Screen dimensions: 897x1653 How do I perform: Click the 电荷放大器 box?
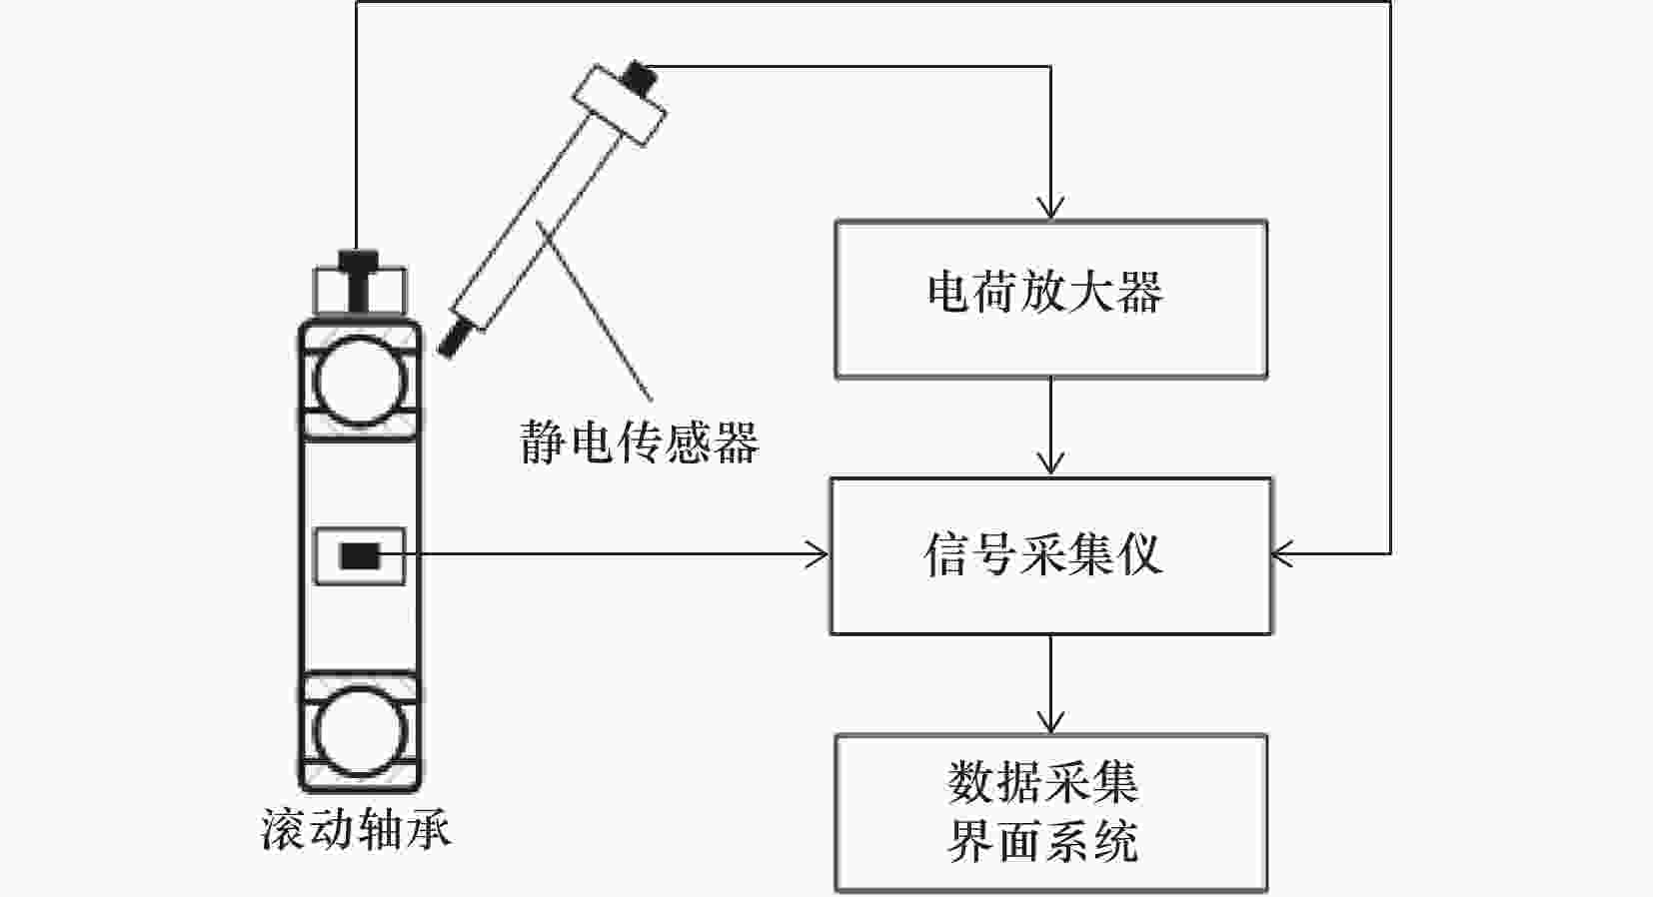tap(1050, 300)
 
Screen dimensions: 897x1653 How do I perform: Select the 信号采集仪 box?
tap(1050, 555)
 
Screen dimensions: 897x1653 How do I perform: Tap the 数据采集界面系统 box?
tap(1050, 813)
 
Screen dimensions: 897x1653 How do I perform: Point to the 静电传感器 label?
tap(640, 441)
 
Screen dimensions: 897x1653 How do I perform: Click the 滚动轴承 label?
tap(356, 829)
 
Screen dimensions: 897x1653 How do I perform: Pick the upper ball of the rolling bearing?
tap(360, 381)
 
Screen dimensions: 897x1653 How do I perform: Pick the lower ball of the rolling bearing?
tap(360, 730)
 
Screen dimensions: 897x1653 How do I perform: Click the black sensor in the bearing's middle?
tap(360, 555)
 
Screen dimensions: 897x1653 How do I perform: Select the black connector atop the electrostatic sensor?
tap(637, 74)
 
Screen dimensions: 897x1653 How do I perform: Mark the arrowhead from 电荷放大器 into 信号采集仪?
tap(1050, 464)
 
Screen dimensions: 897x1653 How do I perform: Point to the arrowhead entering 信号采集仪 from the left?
tap(819, 554)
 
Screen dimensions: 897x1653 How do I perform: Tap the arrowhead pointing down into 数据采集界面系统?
tap(1050, 722)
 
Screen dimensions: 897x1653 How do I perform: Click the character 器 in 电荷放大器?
tap(1140, 293)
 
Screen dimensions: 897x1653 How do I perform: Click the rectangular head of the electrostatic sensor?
tap(619, 104)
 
